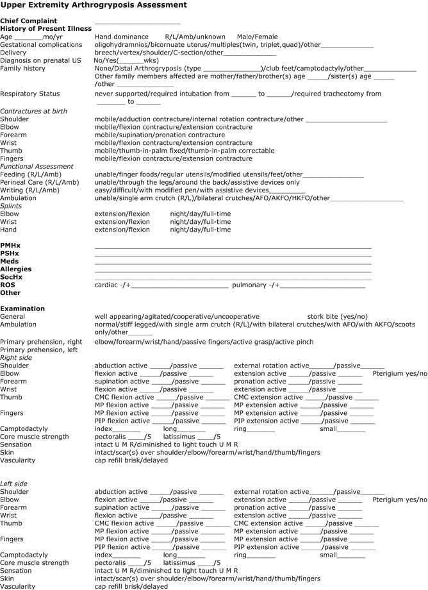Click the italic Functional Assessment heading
37,167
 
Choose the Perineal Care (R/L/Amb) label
39,182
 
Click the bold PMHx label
10,245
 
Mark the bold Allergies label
16,269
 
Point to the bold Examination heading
22,308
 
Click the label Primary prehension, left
39,350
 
